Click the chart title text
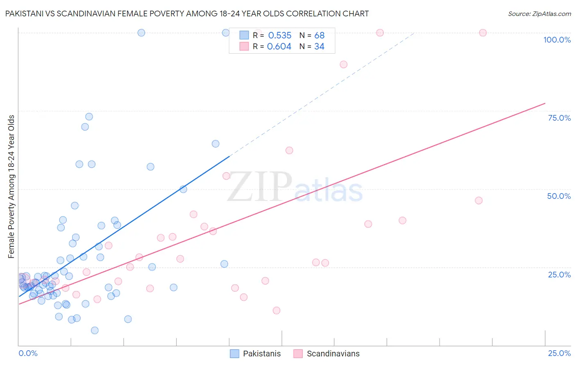pos(187,14)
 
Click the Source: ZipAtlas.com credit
pos(539,14)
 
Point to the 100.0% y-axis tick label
pos(557,40)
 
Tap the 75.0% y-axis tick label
pos(559,118)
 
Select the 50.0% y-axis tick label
pos(559,196)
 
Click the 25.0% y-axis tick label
pos(559,274)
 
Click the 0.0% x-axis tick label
pos(28,353)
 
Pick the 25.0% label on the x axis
pos(559,353)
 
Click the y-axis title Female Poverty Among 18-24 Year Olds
pos(11,187)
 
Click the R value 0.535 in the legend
pos(280,36)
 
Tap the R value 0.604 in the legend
pos(279,47)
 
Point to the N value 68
pos(320,36)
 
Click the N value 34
pos(320,47)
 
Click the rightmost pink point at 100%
pos(483,33)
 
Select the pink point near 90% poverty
pos(343,64)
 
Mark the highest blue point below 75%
pos(89,117)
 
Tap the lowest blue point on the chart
pos(95,330)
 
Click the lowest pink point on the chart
pos(277,311)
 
